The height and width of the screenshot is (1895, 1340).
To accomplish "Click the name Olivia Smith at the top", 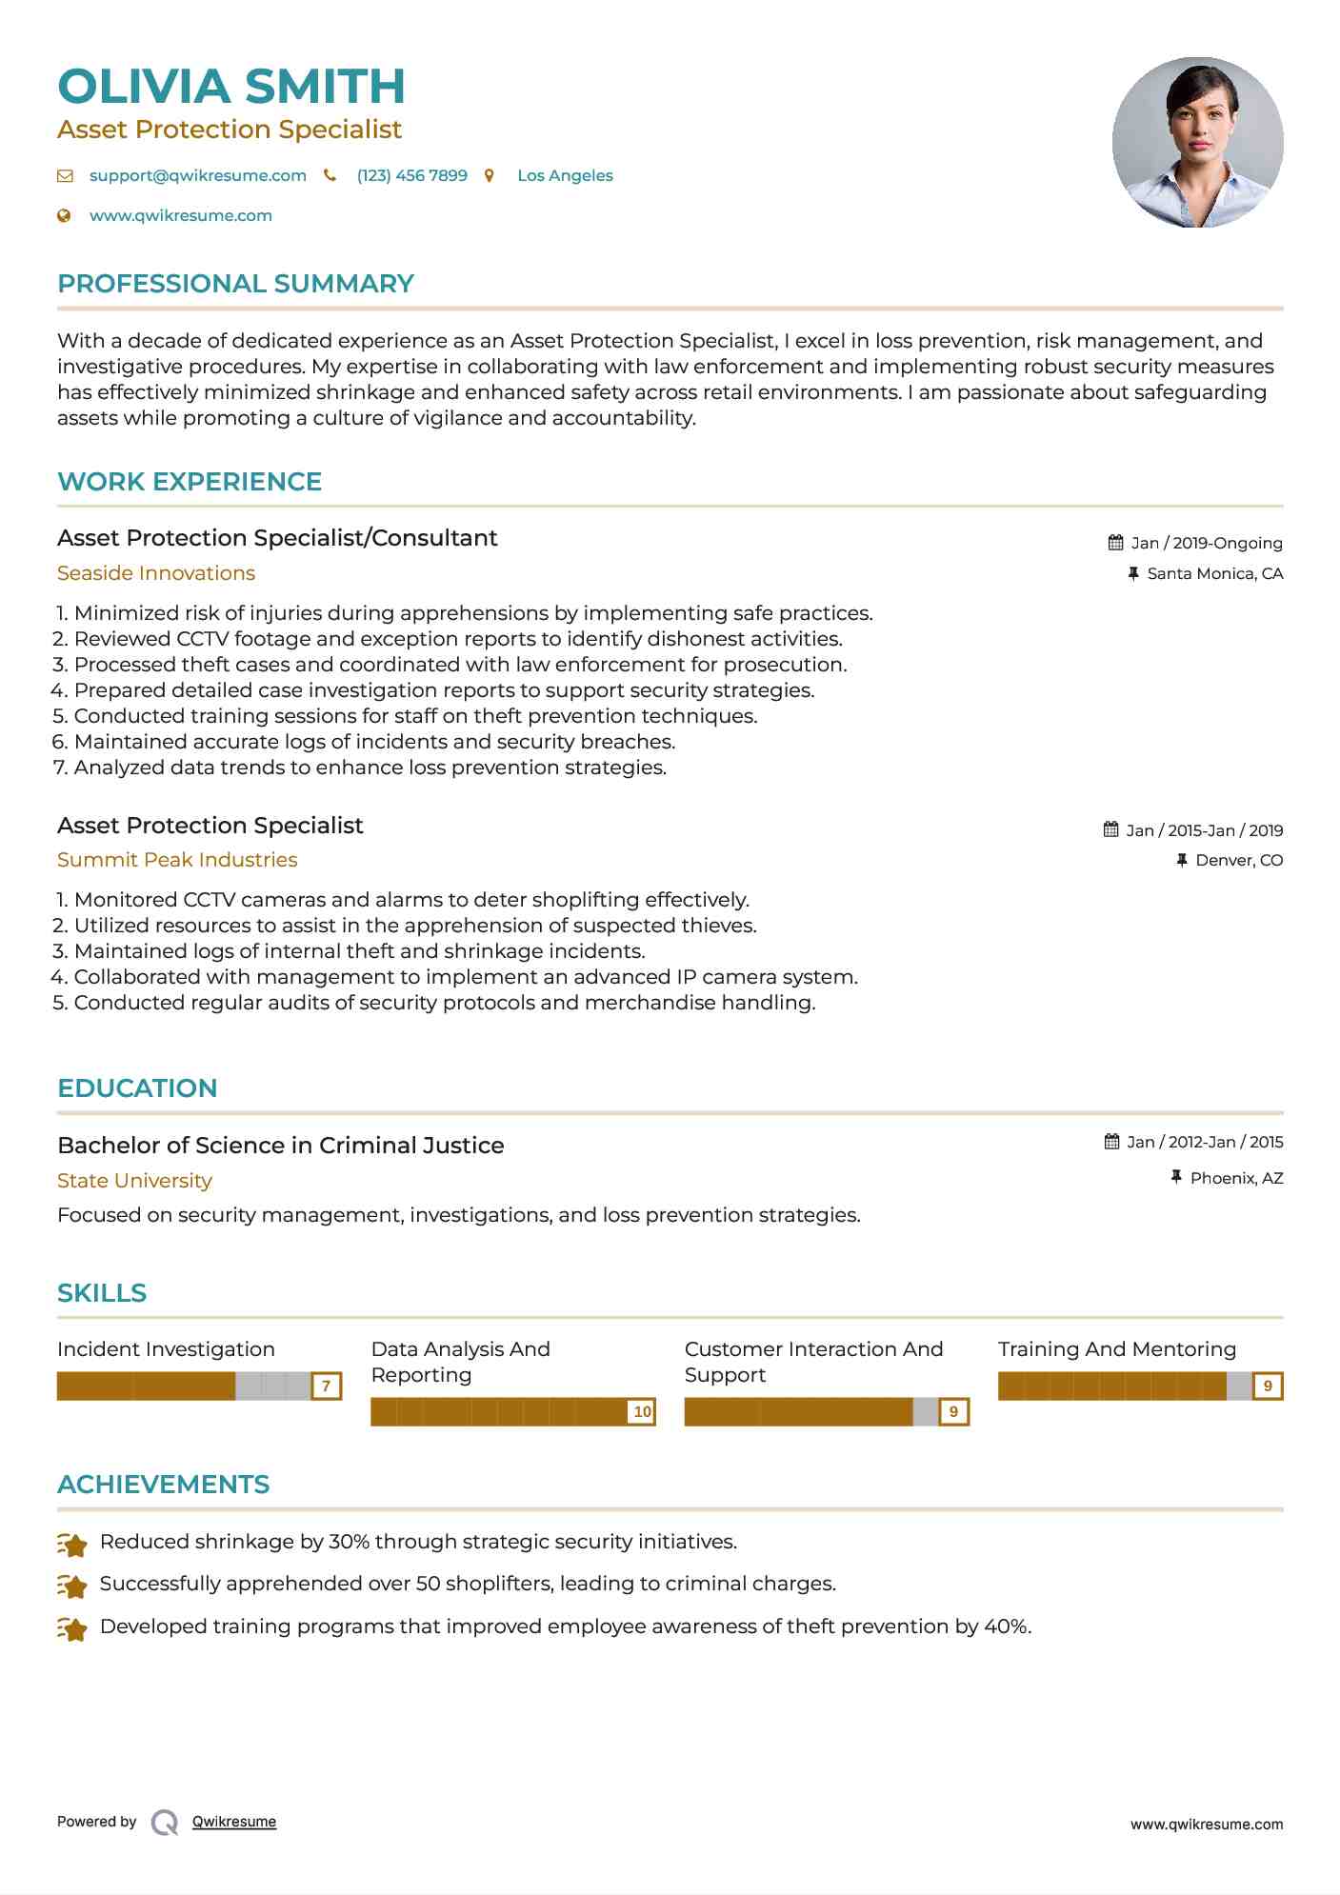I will click(x=231, y=87).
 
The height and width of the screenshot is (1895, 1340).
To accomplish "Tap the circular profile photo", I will click(x=1197, y=143).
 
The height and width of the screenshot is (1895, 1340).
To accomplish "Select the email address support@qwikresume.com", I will click(x=197, y=176).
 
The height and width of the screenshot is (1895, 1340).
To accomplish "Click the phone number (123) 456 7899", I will click(x=411, y=176).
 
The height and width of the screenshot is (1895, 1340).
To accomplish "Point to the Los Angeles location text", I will click(x=565, y=176).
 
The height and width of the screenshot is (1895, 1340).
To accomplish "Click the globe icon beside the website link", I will click(x=65, y=216).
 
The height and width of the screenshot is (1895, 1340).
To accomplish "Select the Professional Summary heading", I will click(x=235, y=284).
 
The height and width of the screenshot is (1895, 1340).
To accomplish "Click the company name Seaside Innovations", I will click(x=156, y=573).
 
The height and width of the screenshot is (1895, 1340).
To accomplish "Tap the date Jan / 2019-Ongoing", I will click(x=1206, y=544).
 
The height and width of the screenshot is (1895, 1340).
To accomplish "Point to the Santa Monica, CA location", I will click(x=1214, y=574).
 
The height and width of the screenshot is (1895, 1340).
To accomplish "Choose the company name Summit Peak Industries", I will click(x=177, y=860).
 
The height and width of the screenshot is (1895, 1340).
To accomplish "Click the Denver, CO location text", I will click(x=1238, y=861).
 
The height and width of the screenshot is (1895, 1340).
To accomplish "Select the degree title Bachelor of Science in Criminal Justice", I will click(x=281, y=1146).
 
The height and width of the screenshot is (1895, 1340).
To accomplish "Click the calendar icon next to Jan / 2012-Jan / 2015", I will click(x=1111, y=1142).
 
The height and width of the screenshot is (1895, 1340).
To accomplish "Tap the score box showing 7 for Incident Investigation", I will click(x=326, y=1386).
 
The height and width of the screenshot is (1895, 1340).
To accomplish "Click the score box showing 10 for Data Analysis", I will click(x=642, y=1412).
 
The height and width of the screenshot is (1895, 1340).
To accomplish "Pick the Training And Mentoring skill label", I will click(x=1116, y=1349).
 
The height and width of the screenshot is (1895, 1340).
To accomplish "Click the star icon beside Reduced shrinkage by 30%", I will click(x=72, y=1544).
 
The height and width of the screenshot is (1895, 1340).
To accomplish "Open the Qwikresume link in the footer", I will click(x=233, y=1822).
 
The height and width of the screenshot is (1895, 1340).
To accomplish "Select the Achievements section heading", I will click(x=163, y=1485).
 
